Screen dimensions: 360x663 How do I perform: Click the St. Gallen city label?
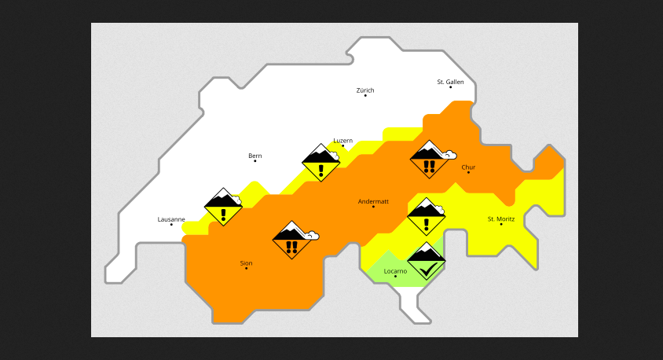click(x=450, y=82)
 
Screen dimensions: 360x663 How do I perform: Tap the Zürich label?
click(x=365, y=90)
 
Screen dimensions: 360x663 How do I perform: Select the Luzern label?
click(x=342, y=141)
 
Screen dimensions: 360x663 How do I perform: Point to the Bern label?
click(x=255, y=156)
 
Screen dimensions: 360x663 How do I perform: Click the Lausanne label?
click(x=171, y=219)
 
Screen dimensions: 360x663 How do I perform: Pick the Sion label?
click(x=246, y=263)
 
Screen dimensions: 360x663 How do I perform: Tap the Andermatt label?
click(x=373, y=201)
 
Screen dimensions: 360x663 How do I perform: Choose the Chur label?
click(x=468, y=167)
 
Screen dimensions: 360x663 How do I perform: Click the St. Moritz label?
click(x=501, y=219)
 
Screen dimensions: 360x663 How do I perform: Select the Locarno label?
click(x=395, y=271)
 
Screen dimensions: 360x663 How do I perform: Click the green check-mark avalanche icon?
click(x=427, y=262)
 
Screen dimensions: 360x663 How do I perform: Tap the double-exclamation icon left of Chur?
click(x=430, y=160)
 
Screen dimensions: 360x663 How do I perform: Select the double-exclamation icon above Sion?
click(x=292, y=240)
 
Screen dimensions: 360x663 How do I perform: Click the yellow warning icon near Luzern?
click(x=321, y=163)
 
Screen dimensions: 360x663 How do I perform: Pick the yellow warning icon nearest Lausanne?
click(x=223, y=207)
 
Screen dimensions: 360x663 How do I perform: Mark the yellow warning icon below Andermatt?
click(x=427, y=216)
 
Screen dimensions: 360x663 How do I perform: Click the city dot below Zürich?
click(x=365, y=96)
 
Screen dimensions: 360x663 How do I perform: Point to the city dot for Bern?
click(x=255, y=161)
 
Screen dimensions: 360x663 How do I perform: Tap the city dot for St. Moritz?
click(x=501, y=224)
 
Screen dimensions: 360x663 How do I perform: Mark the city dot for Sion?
click(x=246, y=269)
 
